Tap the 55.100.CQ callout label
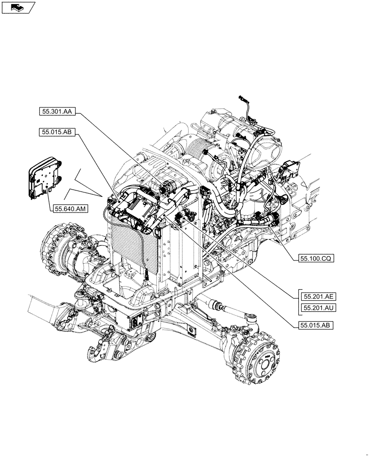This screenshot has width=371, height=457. pyautogui.click(x=316, y=258)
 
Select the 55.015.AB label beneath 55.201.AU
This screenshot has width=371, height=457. pyautogui.click(x=316, y=325)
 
